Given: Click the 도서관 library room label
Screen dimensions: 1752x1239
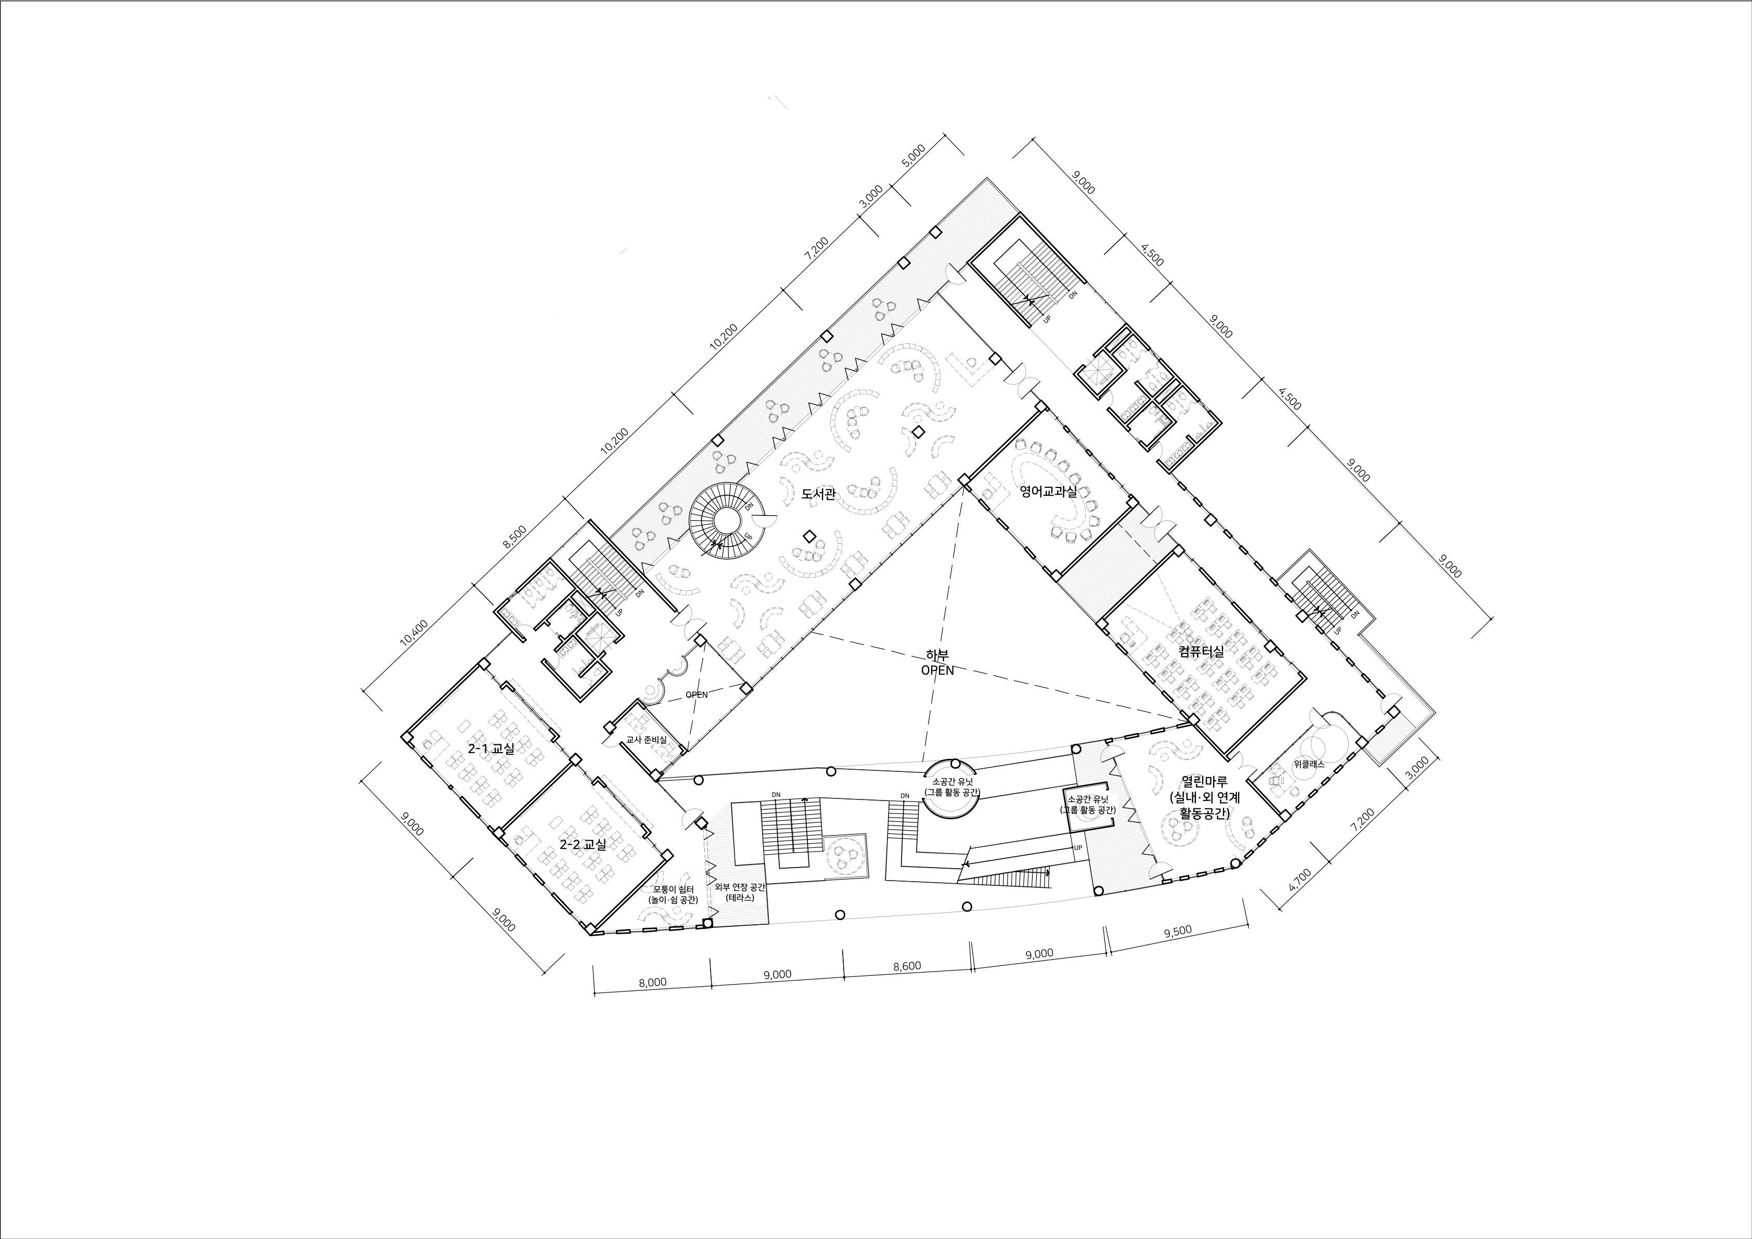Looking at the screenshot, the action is pyautogui.click(x=818, y=494).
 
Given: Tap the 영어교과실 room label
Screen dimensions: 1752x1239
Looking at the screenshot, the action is pyautogui.click(x=1049, y=492).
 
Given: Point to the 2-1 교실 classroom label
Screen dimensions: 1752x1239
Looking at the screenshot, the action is pyautogui.click(x=492, y=748).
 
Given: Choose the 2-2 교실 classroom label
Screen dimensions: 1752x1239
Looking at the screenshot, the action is pyautogui.click(x=583, y=845).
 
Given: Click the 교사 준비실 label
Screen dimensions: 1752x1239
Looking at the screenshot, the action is pyautogui.click(x=646, y=740).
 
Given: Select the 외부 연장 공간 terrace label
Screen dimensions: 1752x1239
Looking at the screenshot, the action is pyautogui.click(x=740, y=887).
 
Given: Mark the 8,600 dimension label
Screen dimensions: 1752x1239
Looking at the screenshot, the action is pyautogui.click(x=907, y=966).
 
